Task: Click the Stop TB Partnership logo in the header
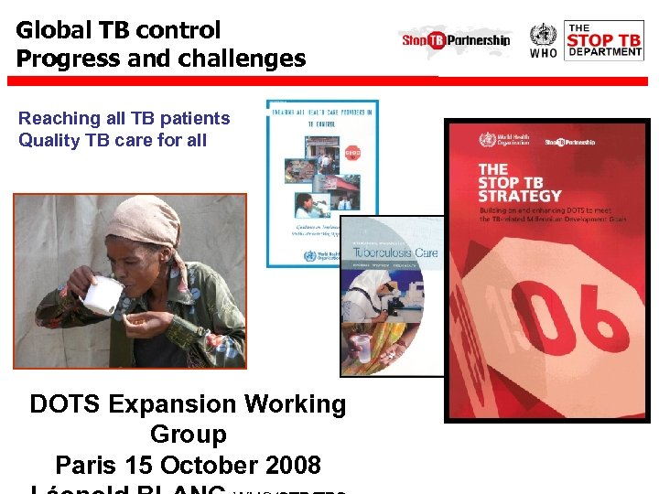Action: click(x=455, y=40)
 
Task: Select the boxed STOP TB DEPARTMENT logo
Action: click(x=603, y=40)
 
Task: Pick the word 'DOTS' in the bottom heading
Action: click(x=65, y=404)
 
